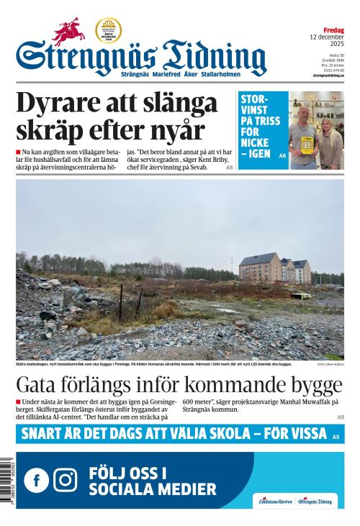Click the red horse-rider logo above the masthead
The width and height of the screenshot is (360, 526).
(x=68, y=32)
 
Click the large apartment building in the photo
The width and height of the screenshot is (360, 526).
(x=275, y=270)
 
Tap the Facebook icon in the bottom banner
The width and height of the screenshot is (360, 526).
(x=36, y=480)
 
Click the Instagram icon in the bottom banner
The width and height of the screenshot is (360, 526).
(x=66, y=480)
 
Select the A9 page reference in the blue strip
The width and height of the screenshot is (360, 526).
(x=336, y=436)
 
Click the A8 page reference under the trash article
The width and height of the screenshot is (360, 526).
(x=229, y=167)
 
